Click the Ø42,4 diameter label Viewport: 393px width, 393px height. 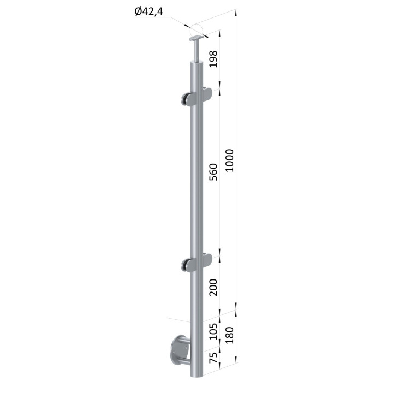click(148, 12)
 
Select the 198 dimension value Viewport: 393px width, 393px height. click(213, 59)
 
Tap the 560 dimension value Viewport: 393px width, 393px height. click(213, 172)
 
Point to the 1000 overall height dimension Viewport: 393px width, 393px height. click(229, 160)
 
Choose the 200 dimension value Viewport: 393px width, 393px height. click(213, 287)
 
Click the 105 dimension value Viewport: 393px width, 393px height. click(213, 331)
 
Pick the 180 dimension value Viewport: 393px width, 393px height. click(229, 335)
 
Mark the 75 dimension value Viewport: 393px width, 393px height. click(213, 358)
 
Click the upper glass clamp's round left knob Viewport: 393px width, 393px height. click(184, 99)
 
